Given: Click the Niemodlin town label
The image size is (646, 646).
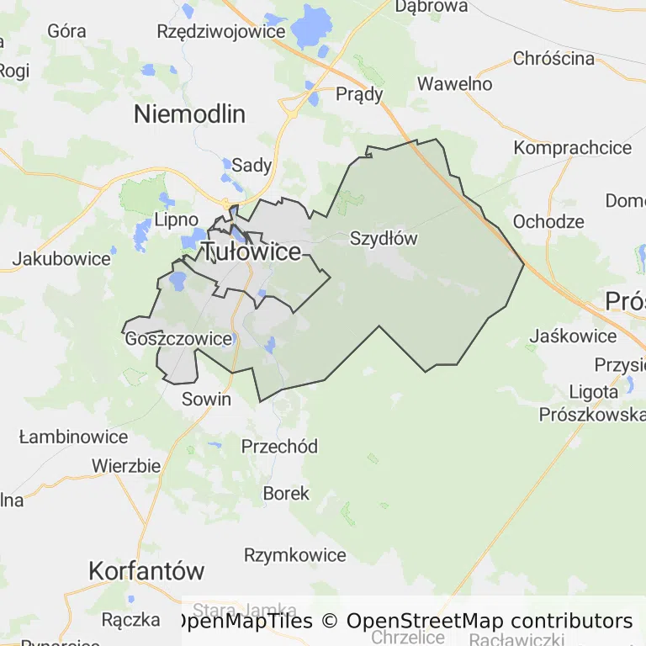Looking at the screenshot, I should click(x=189, y=114).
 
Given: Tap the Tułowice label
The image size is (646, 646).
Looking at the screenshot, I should click(x=251, y=252).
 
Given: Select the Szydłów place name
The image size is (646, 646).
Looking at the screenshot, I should click(x=383, y=238).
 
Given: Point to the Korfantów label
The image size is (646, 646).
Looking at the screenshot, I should click(x=146, y=571).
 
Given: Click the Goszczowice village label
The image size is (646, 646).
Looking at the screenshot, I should click(x=177, y=339).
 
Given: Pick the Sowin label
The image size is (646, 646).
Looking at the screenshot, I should click(x=206, y=399).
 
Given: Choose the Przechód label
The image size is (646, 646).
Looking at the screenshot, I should click(x=279, y=447).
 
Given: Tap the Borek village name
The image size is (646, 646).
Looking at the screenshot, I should click(x=286, y=493).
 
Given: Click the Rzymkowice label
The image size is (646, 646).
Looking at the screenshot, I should click(x=294, y=555).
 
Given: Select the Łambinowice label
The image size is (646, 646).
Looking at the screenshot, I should click(x=73, y=437).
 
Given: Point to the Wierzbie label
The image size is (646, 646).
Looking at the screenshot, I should click(x=126, y=466).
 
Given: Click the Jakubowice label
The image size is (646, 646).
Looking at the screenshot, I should click(x=61, y=258).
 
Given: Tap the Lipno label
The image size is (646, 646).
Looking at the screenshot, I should click(x=177, y=220).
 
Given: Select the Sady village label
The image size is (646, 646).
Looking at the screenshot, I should click(x=252, y=165).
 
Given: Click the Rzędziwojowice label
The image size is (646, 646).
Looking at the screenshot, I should click(x=221, y=31).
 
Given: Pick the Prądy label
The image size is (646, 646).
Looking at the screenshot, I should click(x=359, y=93).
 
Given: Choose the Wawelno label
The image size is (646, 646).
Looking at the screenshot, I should click(x=454, y=84).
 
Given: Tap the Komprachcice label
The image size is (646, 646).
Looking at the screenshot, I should click(x=572, y=148).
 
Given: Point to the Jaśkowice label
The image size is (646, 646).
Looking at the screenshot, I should click(x=573, y=336).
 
